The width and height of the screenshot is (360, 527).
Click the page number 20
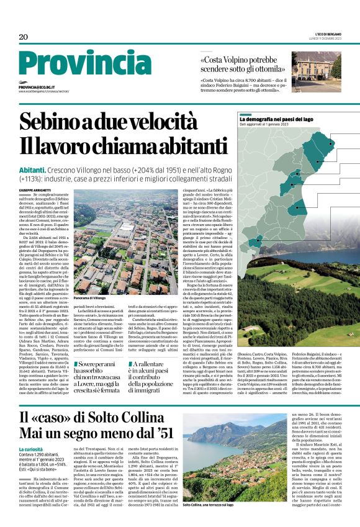[23, 38]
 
